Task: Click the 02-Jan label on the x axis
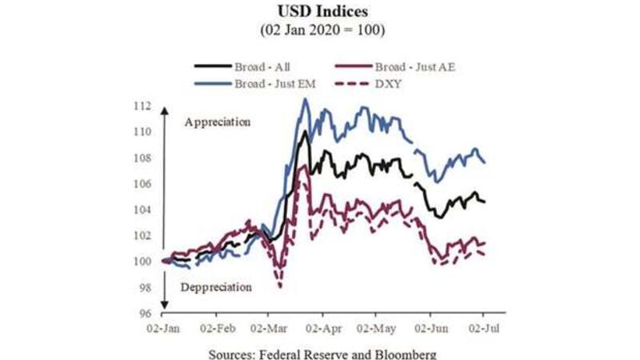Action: coord(164,328)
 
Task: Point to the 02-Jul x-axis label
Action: coord(482,328)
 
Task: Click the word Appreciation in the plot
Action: coord(217,122)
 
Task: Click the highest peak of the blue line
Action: coord(305,99)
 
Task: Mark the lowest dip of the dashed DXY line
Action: coord(280,286)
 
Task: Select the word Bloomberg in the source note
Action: coord(405,353)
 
